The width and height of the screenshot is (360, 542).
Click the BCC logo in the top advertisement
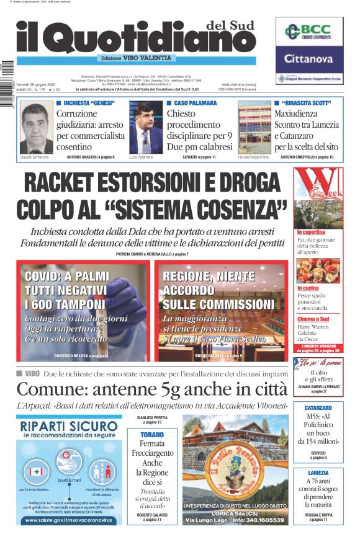tap(308, 33)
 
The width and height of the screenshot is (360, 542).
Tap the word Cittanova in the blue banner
tap(309, 60)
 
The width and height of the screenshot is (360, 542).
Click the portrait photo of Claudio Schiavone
tap(37, 128)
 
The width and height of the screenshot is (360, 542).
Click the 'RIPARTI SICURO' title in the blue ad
tap(68, 427)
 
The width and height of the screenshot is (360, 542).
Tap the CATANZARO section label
tap(318, 408)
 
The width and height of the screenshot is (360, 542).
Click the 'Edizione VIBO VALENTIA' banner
tap(136, 58)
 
